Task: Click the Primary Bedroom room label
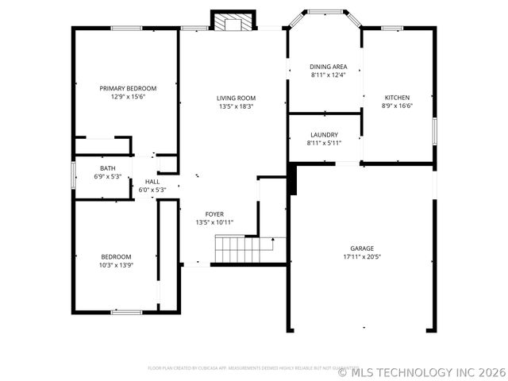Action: tap(128, 88)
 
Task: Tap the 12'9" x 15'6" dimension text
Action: tap(128, 96)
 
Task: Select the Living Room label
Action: tap(237, 98)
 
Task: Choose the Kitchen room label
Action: tap(397, 98)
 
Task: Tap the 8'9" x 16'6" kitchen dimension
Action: tap(397, 106)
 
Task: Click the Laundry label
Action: tap(324, 135)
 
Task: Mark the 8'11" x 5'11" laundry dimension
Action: tap(324, 143)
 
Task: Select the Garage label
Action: tap(362, 248)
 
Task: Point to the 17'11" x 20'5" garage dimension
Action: tap(362, 257)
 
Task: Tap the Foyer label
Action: tap(214, 214)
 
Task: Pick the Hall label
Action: tap(152, 182)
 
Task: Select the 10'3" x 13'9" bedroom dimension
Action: tap(116, 265)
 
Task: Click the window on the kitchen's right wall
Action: tap(433, 130)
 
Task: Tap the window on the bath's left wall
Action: tap(74, 175)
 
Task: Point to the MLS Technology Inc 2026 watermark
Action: tap(421, 371)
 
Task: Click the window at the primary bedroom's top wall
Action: tap(126, 29)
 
